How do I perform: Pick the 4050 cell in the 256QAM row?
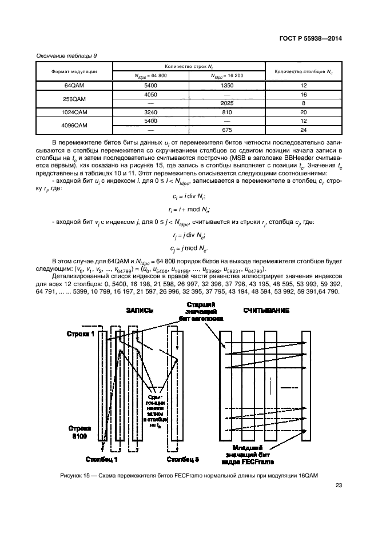pyautogui.click(x=151, y=94)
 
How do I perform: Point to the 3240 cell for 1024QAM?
pyautogui.click(x=151, y=113)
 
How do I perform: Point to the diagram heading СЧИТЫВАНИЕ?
pyautogui.click(x=266, y=311)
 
